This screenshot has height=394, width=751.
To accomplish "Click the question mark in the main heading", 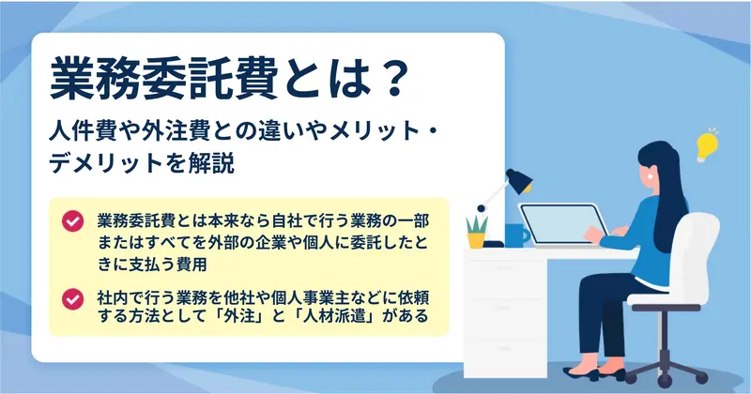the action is pos(392,80).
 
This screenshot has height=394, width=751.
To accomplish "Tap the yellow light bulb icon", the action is pos(707,145).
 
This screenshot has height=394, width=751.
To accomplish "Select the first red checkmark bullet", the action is pos(73,221).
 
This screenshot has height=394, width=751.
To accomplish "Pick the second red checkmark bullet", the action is pos(73,299).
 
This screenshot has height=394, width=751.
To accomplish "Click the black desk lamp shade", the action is pos(519,181).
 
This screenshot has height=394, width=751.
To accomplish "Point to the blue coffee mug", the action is pos(516,235).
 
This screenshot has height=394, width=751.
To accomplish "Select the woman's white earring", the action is pos(651,176).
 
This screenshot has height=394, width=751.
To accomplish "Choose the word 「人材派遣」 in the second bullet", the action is pos(334,316).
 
